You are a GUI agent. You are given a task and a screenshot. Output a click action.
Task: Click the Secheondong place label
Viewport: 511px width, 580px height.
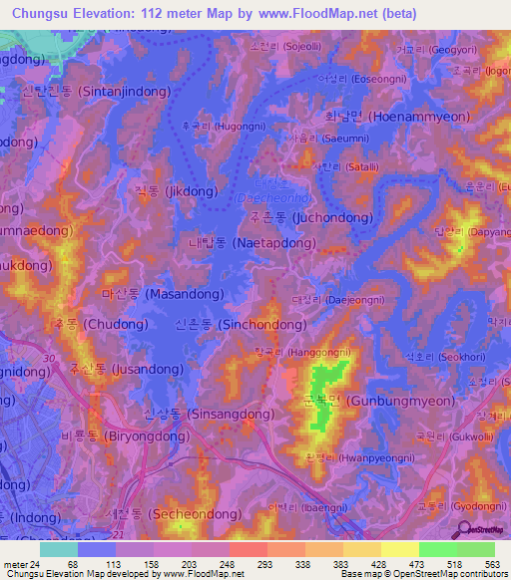164,514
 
